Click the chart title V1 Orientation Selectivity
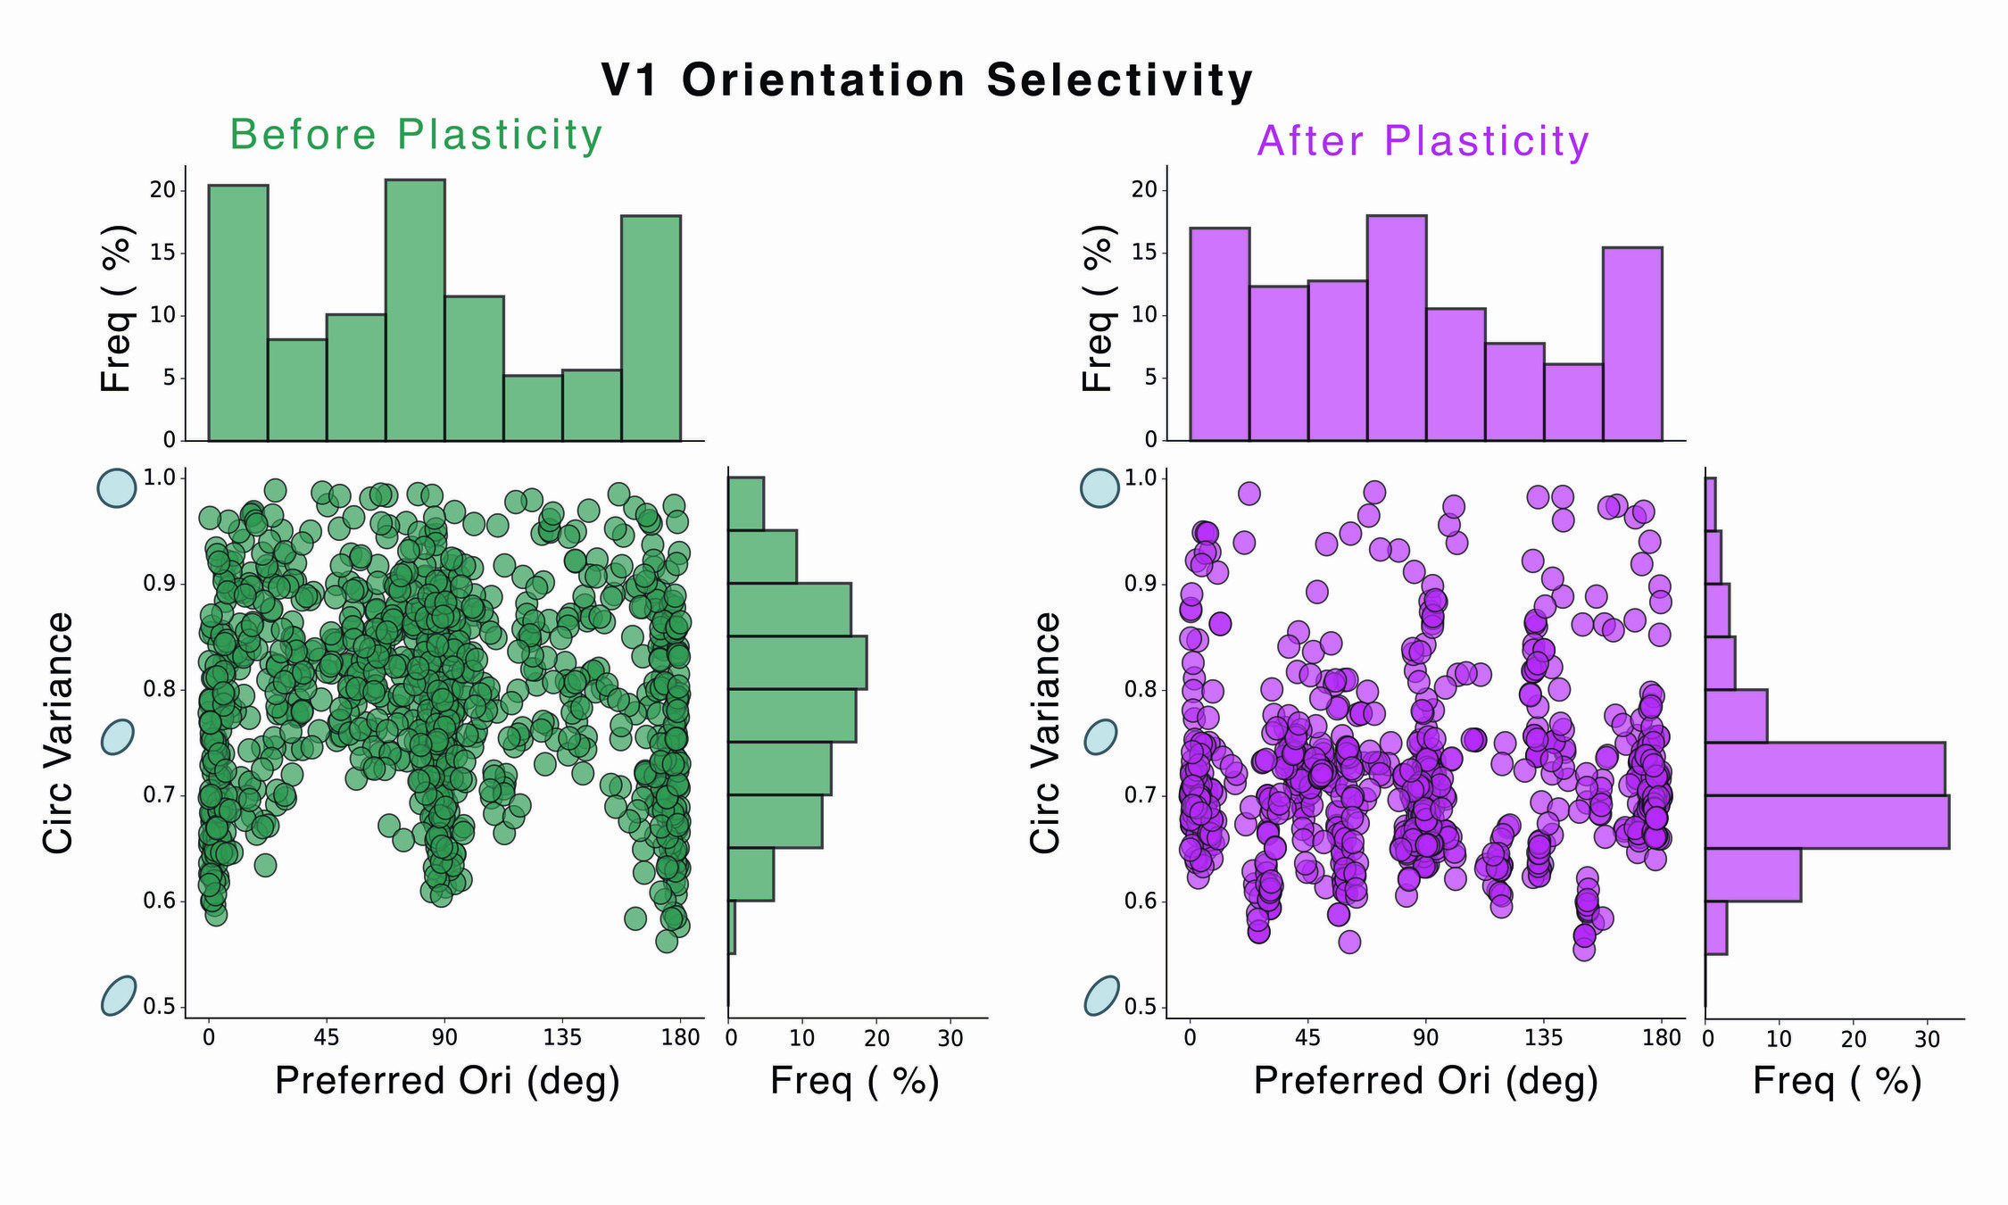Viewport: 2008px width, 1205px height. pyautogui.click(x=927, y=80)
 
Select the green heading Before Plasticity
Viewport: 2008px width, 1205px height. pyautogui.click(x=416, y=135)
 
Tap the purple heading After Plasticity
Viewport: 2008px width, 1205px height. pyautogui.click(x=1423, y=141)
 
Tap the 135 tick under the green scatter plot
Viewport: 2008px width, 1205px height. pyautogui.click(x=562, y=1037)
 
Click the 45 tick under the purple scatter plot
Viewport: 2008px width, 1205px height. pyautogui.click(x=1307, y=1037)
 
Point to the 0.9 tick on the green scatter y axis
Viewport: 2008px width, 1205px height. pyautogui.click(x=161, y=584)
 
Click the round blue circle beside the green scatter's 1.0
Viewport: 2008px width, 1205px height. pyautogui.click(x=117, y=488)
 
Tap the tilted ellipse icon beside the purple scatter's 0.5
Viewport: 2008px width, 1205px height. pyautogui.click(x=1101, y=995)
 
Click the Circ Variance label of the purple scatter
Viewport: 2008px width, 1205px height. pyautogui.click(x=1045, y=732)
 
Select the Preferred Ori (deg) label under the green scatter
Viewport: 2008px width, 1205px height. pyautogui.click(x=447, y=1081)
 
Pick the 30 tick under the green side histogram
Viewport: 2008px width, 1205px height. pyautogui.click(x=950, y=1038)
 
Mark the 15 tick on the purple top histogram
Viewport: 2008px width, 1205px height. pyautogui.click(x=1143, y=253)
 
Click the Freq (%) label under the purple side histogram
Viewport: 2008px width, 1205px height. pyautogui.click(x=1837, y=1081)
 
